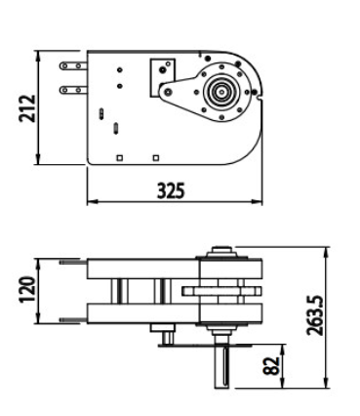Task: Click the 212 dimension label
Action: tap(27, 108)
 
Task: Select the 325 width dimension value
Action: tap(171, 190)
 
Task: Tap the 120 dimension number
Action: tap(26, 289)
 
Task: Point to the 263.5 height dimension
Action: tap(315, 315)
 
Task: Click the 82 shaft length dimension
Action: tap(271, 366)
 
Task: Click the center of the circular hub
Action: tap(222, 92)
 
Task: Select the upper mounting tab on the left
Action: tap(73, 66)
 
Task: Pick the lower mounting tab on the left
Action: tap(73, 90)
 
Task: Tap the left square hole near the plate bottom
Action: tap(120, 158)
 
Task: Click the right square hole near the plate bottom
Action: tap(156, 158)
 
